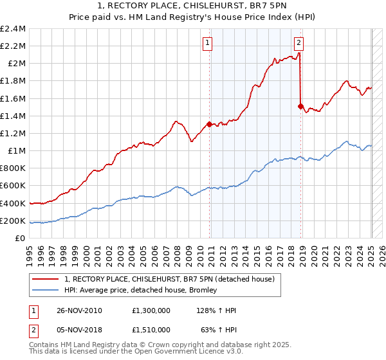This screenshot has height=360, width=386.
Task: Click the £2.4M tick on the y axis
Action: pos(14,29)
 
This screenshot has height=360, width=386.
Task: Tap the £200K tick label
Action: pos(13,221)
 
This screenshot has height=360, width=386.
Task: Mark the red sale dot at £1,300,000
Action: pos(210,125)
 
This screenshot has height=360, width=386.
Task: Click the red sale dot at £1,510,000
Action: pos(300,107)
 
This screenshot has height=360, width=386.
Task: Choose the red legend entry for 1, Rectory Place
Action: pos(169,279)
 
